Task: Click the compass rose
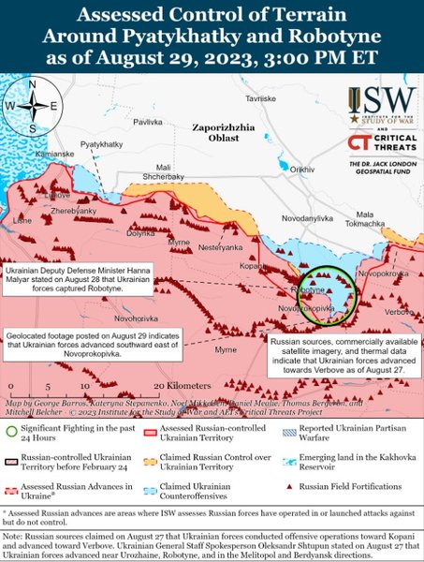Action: (x=33, y=106)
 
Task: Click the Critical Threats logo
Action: (x=381, y=142)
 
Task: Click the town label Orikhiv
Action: (x=302, y=169)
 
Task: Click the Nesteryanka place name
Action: (x=220, y=245)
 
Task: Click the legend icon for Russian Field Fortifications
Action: (x=292, y=487)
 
